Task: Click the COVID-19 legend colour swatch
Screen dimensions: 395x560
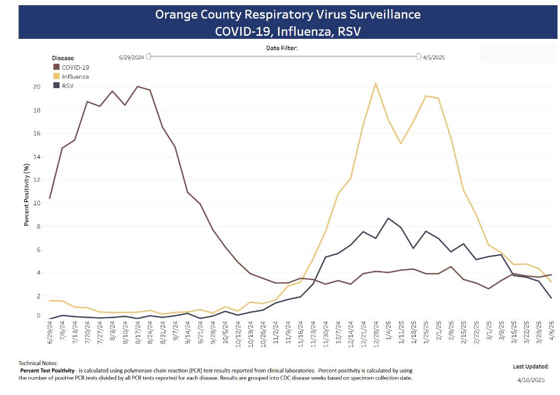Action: (x=56, y=67)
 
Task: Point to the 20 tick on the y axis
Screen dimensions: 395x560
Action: (x=36, y=87)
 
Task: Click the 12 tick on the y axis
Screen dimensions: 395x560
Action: (x=36, y=180)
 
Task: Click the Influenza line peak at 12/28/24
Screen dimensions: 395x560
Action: (x=375, y=83)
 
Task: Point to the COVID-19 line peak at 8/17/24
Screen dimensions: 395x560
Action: (x=138, y=87)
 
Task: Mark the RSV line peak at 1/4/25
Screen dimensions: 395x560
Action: (x=388, y=218)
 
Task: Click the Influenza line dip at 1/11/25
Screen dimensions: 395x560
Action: (x=401, y=143)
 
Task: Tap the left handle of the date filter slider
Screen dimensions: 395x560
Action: (x=148, y=57)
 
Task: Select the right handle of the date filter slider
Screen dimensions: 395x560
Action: (x=419, y=57)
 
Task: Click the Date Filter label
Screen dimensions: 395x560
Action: (x=282, y=48)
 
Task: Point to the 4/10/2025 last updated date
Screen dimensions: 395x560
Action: (x=531, y=380)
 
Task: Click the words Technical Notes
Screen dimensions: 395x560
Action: (x=38, y=363)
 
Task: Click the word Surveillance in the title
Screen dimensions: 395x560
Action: (x=382, y=14)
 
